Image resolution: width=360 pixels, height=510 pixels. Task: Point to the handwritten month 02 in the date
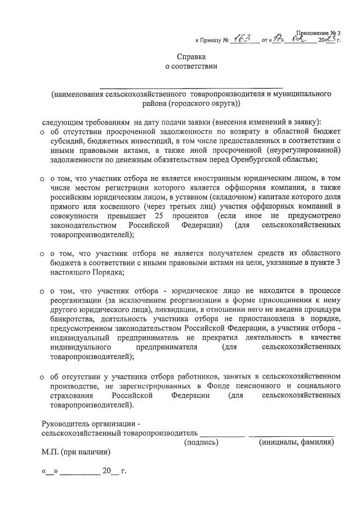coord(300,38)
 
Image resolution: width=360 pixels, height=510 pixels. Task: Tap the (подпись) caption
coord(201,442)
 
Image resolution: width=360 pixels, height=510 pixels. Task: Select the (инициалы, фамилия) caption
coord(296,442)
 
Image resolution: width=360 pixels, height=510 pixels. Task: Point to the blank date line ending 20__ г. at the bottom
coord(84,471)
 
